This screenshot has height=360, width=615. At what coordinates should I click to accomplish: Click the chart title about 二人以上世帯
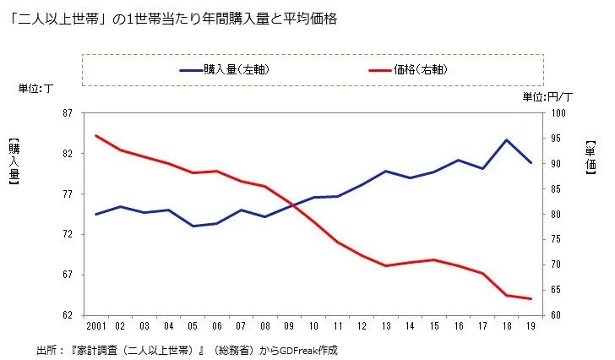tap(173, 19)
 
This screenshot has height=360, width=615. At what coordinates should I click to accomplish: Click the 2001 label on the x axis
tap(95, 326)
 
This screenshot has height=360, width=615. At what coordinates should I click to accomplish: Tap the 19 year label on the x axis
tap(531, 326)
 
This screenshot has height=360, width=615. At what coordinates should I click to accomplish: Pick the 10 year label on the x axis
tap(313, 326)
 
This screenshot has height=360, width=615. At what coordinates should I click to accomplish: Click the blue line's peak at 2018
tap(506, 139)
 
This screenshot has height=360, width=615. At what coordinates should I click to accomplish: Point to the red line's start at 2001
tap(96, 135)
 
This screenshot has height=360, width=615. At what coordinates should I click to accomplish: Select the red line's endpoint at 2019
tap(531, 299)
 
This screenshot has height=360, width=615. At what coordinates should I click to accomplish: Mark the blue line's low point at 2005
tap(193, 226)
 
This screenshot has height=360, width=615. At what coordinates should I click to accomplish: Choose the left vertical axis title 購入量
tap(14, 161)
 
